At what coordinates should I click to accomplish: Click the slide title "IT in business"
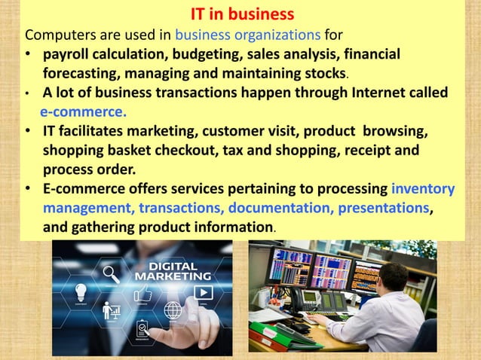[x=240, y=15]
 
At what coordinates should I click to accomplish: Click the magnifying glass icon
[x=112, y=273]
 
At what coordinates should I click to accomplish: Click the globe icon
[x=173, y=310]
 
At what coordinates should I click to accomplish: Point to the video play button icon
[x=203, y=291]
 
